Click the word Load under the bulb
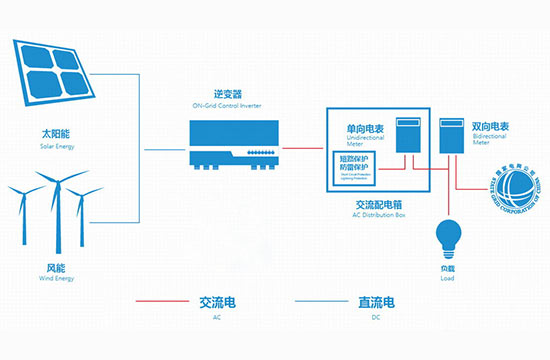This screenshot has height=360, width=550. coord(442,279)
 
